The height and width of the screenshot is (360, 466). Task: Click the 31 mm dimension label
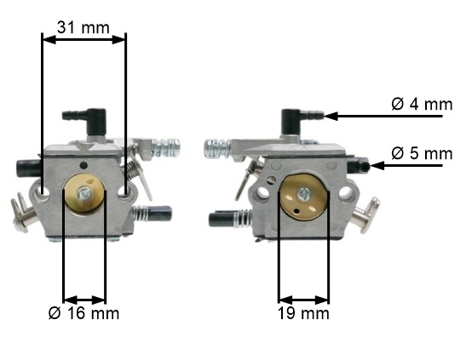(x=83, y=27)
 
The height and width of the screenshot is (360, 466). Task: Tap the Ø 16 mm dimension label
(x=83, y=313)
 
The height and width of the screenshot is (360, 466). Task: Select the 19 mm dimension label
(x=303, y=313)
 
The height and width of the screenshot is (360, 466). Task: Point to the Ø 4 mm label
(x=422, y=104)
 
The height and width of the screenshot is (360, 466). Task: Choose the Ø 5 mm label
(x=422, y=153)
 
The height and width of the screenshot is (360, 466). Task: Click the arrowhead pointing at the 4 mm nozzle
(x=331, y=116)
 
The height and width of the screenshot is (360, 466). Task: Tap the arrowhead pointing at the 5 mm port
(x=377, y=166)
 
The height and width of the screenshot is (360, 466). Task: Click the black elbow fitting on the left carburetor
(x=85, y=121)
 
